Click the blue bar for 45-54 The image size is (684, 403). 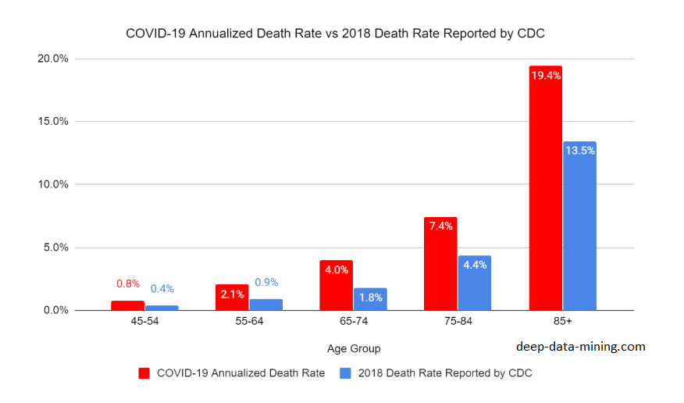pyautogui.click(x=162, y=308)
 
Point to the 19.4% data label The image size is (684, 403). pyautogui.click(x=545, y=76)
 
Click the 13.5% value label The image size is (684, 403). pyautogui.click(x=579, y=151)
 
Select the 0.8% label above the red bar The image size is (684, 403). pyautogui.click(x=128, y=284)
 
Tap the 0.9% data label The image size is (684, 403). pyautogui.click(x=266, y=282)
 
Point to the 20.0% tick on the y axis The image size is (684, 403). pyautogui.click(x=52, y=59)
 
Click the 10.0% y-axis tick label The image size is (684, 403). pyautogui.click(x=52, y=184)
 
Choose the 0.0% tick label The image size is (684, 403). pyautogui.click(x=55, y=310)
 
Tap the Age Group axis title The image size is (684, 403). pyautogui.click(x=354, y=348)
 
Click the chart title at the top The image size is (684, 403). pyautogui.click(x=340, y=34)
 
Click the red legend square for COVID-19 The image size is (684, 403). pyautogui.click(x=144, y=373)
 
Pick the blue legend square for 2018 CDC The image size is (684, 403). pyautogui.click(x=345, y=373)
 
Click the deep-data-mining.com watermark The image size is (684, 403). pyautogui.click(x=581, y=347)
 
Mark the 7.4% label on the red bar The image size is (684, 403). pyautogui.click(x=440, y=226)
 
